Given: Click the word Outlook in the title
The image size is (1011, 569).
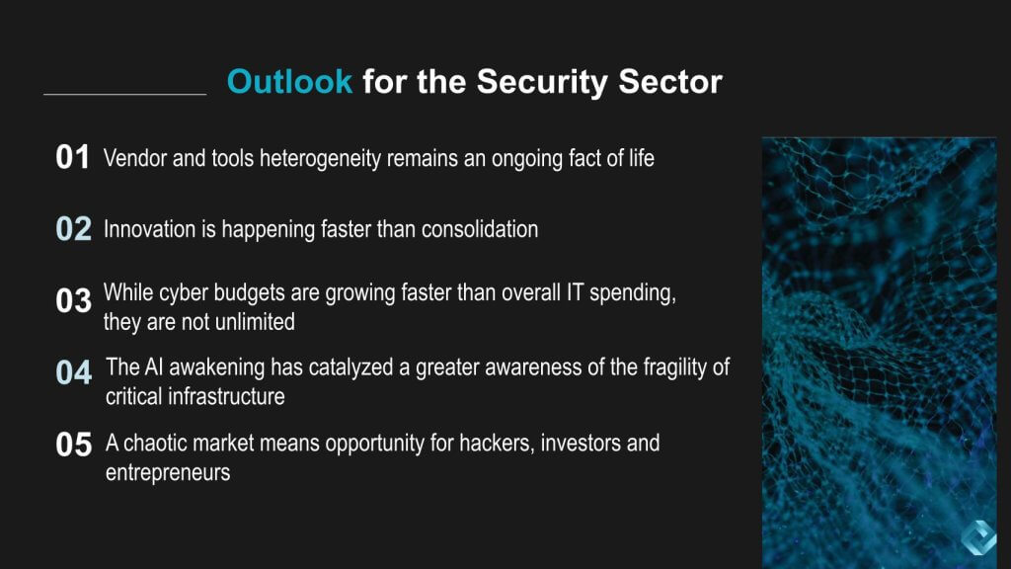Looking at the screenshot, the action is [x=289, y=82].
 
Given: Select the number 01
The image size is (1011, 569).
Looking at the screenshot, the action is [x=72, y=157].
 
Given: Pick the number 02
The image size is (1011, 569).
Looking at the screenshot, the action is [x=73, y=229].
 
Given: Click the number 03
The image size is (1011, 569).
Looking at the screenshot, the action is [x=73, y=300].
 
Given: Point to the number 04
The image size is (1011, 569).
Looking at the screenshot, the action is [x=73, y=372].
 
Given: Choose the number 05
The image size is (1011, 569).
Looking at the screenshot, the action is [x=73, y=445].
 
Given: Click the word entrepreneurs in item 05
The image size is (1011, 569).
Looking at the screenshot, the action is [x=168, y=473].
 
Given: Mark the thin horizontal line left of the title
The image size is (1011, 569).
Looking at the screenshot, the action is [x=125, y=95].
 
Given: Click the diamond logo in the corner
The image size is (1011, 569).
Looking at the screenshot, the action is [x=978, y=536].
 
